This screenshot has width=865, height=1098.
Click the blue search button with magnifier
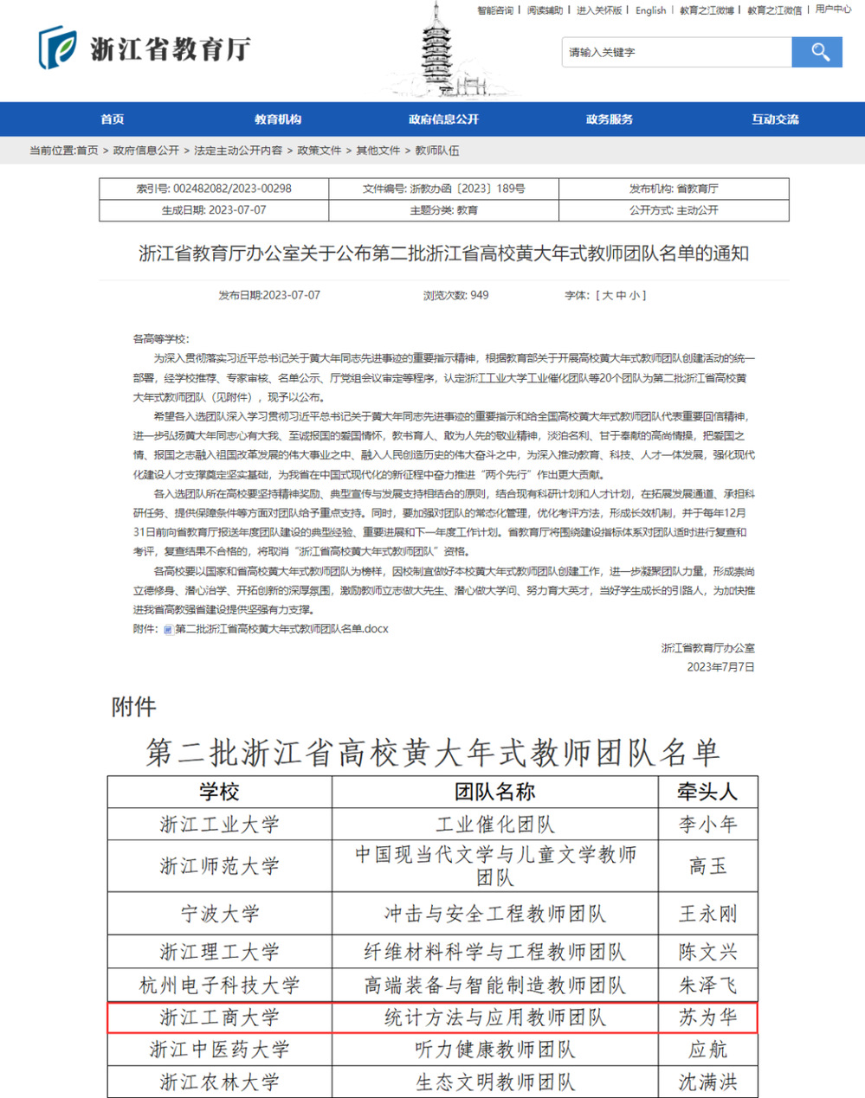click(817, 52)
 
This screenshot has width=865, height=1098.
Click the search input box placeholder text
click(603, 53)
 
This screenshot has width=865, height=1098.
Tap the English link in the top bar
click(650, 10)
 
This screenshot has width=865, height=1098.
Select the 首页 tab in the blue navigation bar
click(112, 119)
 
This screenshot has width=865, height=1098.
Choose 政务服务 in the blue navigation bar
click(610, 119)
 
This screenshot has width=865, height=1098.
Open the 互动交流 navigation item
click(775, 119)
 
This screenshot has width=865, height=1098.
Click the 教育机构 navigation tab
click(278, 119)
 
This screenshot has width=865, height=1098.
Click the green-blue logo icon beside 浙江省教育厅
click(57, 48)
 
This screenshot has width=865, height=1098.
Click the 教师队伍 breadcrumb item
click(437, 151)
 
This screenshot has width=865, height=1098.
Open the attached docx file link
click(281, 629)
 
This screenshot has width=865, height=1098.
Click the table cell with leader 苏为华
click(707, 1018)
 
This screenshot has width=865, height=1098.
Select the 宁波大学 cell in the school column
click(220, 914)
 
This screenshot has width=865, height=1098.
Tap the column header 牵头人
click(707, 792)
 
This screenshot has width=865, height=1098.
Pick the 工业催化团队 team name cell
click(494, 825)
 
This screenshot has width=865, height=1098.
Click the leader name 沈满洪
click(707, 1082)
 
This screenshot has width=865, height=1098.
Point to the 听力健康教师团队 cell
click(494, 1050)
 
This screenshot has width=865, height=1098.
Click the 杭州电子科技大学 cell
click(220, 985)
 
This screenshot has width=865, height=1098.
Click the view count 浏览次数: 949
click(455, 295)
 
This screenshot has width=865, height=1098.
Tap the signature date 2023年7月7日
click(720, 667)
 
